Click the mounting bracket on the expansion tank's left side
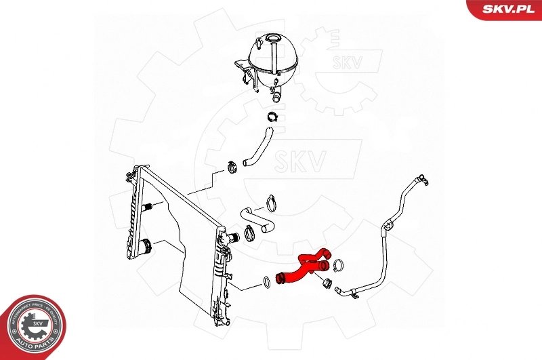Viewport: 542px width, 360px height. (242, 68)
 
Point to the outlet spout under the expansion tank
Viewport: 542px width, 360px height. (274, 91)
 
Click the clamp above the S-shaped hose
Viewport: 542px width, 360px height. (272, 202)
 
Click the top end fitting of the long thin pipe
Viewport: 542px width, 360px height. (423, 179)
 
